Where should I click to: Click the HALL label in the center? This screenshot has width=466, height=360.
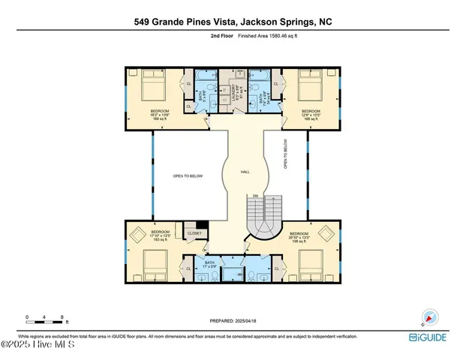click(x=245, y=171)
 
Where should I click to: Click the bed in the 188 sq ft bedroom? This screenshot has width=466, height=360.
click(x=152, y=88)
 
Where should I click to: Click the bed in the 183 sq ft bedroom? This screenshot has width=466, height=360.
click(x=155, y=265)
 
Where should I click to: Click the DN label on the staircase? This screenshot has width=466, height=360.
click(x=255, y=196)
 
